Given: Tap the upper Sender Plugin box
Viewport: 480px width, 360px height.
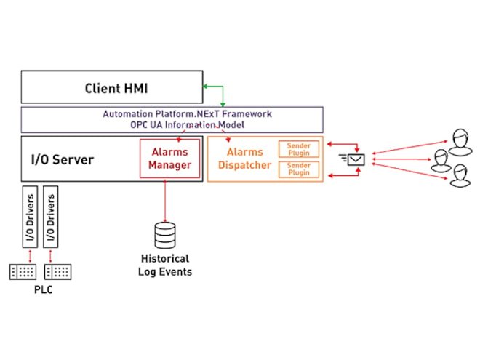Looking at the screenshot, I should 299,149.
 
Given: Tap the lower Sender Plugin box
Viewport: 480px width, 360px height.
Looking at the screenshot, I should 299,169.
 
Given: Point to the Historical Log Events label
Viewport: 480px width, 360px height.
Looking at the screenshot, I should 164,265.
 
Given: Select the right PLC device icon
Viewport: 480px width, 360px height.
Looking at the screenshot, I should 58,271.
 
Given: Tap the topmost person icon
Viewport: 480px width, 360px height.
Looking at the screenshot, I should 459,139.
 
